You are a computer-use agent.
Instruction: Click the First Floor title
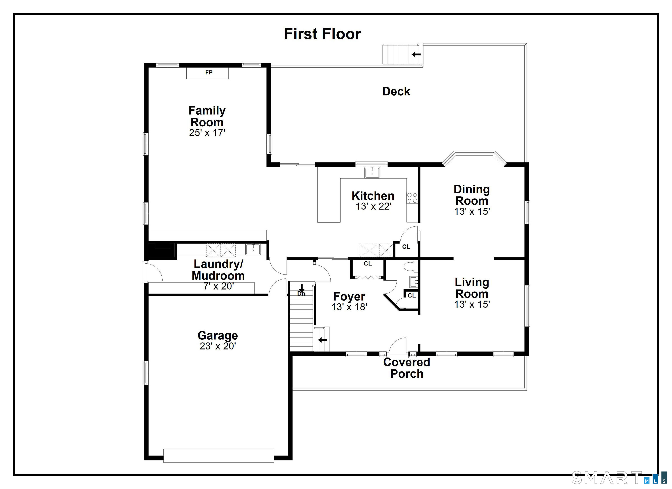point(322,34)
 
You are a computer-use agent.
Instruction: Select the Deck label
point(396,91)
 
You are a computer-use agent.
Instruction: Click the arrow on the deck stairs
point(416,54)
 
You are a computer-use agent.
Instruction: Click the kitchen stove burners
point(412,198)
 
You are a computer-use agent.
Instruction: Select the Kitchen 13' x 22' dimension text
point(374,206)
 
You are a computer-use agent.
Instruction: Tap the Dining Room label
point(472,195)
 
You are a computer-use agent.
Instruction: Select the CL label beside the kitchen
point(406,247)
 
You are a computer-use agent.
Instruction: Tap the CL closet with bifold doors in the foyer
point(368,264)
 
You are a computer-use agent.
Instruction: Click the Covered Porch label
point(406,368)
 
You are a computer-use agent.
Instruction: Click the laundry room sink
point(253,249)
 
